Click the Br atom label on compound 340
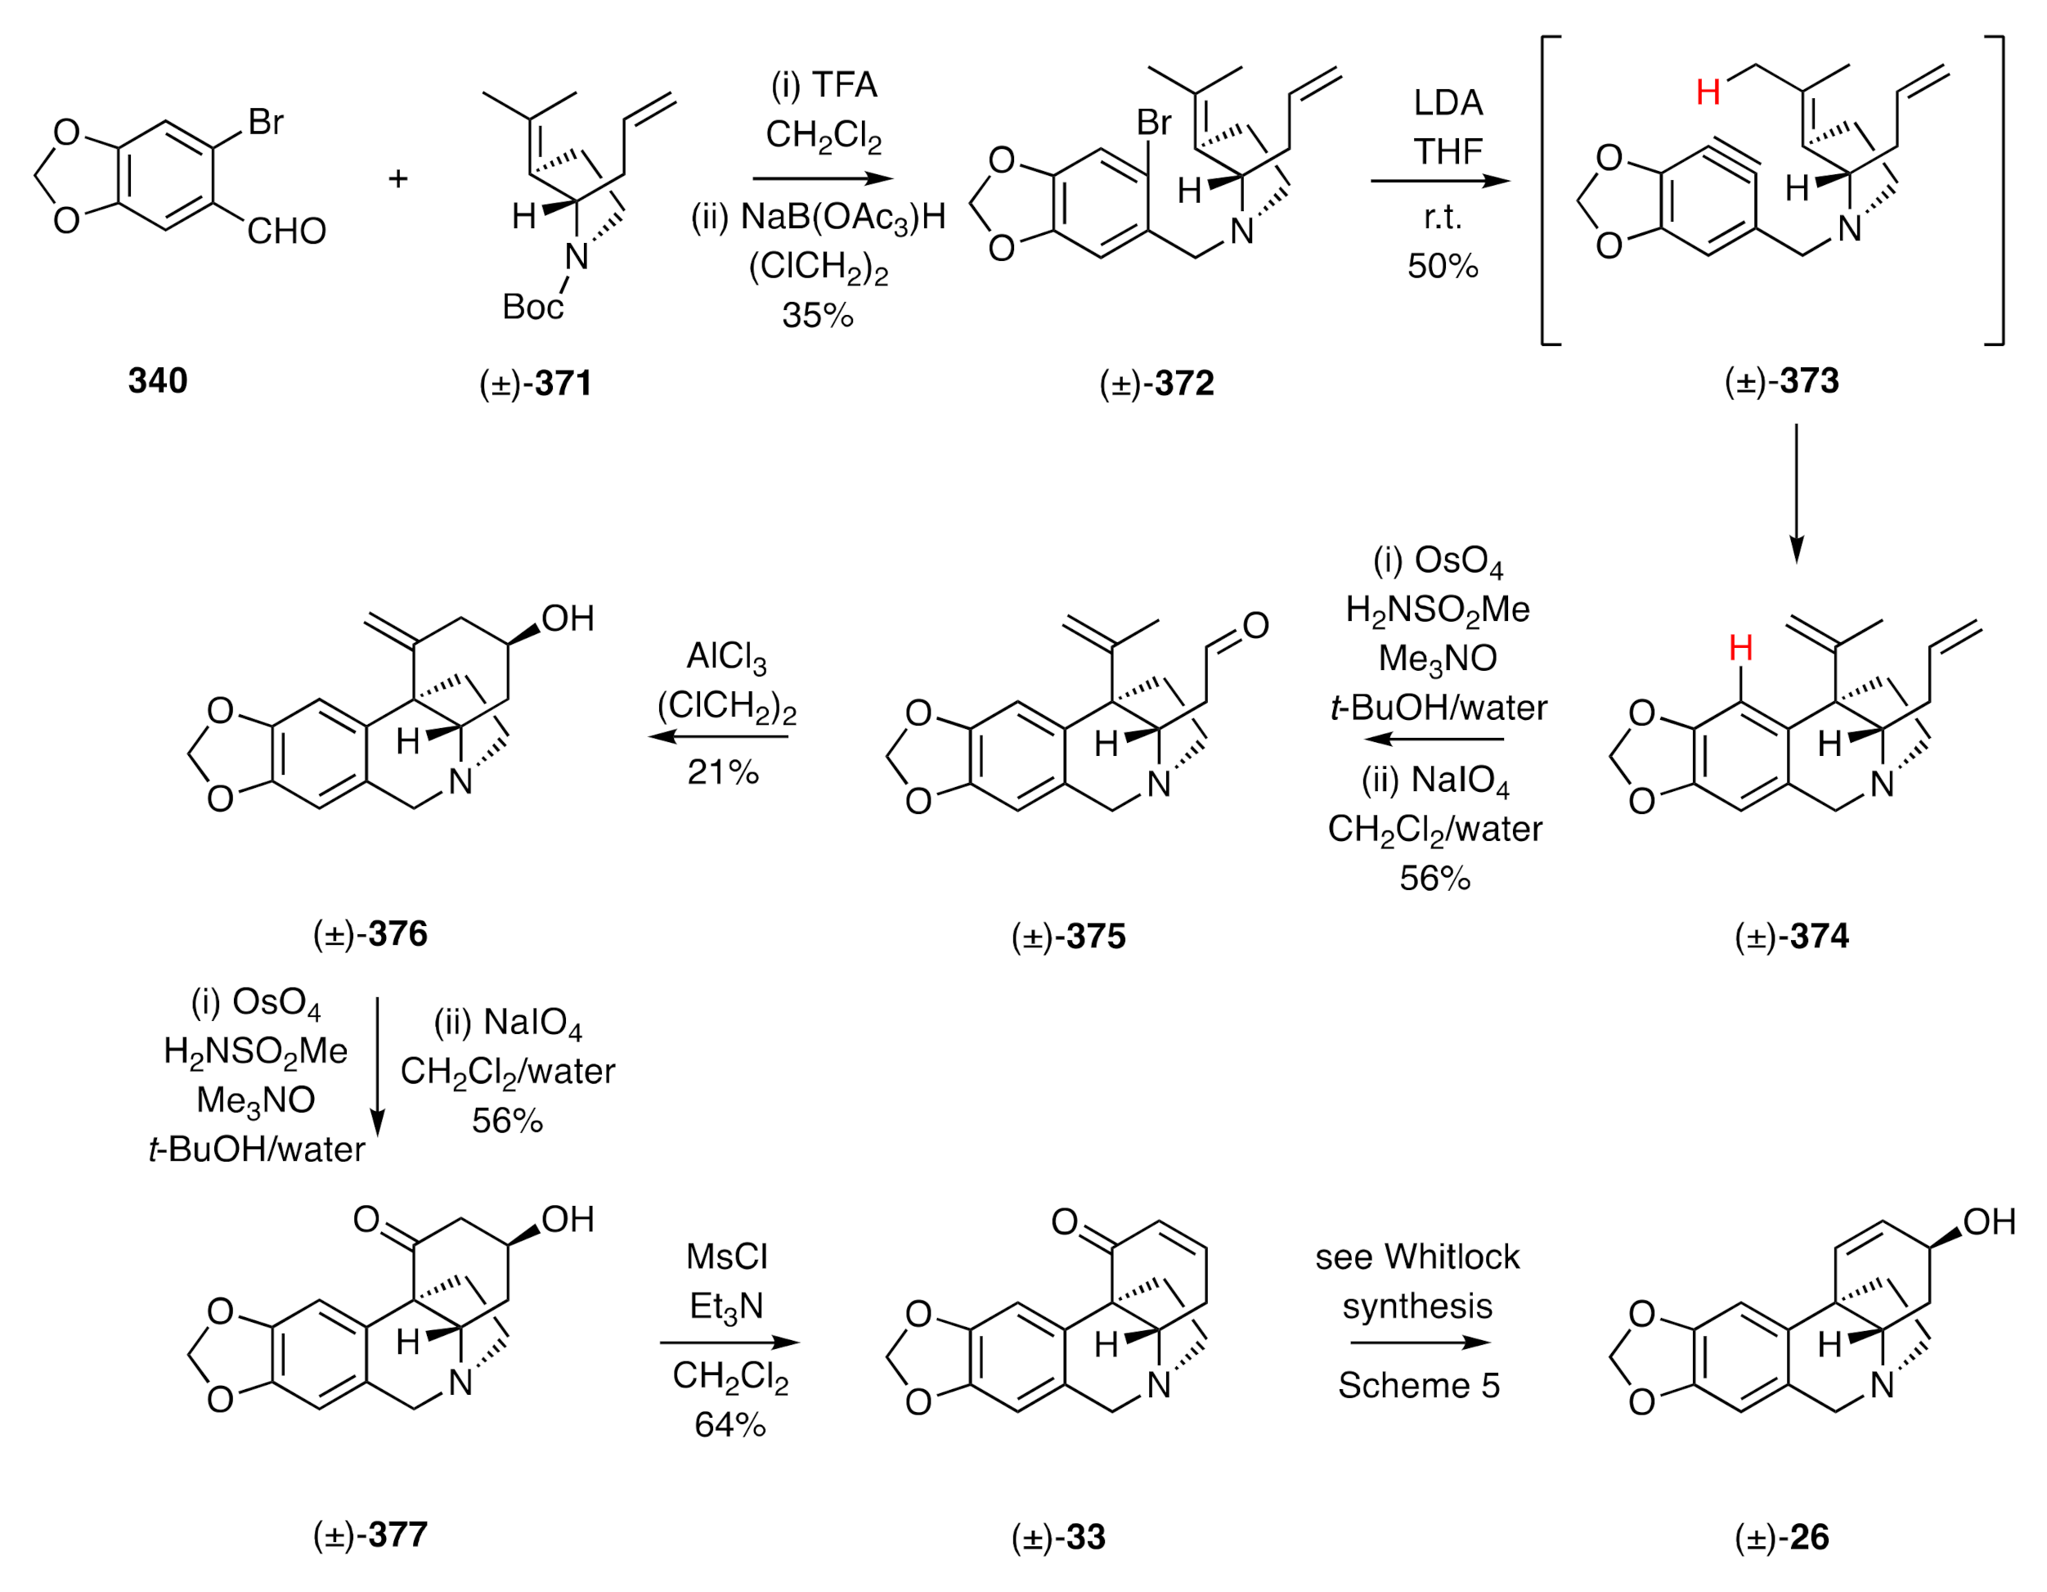pyautogui.click(x=265, y=122)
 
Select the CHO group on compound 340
pyautogui.click(x=286, y=231)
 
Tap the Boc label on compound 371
pyautogui.click(x=532, y=307)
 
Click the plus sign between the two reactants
pyautogui.click(x=398, y=178)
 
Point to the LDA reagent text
pyautogui.click(x=1448, y=103)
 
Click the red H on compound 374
pyautogui.click(x=1740, y=647)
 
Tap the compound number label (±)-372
pyautogui.click(x=1156, y=383)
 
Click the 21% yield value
pyautogui.click(x=723, y=772)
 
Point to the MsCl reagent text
pyautogui.click(x=726, y=1257)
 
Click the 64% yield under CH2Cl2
pyautogui.click(x=730, y=1425)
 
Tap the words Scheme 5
pyautogui.click(x=1419, y=1386)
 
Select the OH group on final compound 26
pyautogui.click(x=1989, y=1221)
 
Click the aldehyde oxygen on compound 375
pyautogui.click(x=1256, y=625)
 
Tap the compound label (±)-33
pyautogui.click(x=1058, y=1538)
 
